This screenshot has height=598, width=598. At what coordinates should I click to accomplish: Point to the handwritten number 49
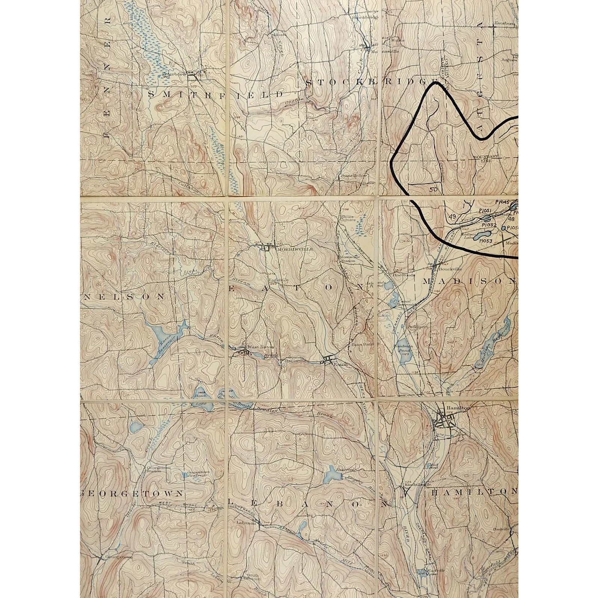tap(453, 217)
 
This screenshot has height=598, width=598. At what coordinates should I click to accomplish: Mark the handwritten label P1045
tap(502, 202)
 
